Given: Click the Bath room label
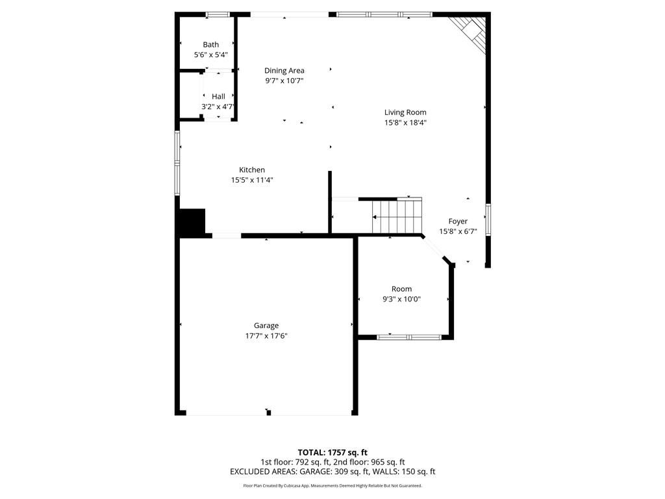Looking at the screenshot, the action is tap(211, 45).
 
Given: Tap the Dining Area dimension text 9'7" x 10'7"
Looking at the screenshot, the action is tap(284, 81).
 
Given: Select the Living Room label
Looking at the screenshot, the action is tap(405, 112).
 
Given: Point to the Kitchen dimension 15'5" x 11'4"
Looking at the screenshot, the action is tap(252, 180).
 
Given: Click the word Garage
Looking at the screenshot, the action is tap(266, 326).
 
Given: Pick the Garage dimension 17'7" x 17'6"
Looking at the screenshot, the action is tap(266, 336).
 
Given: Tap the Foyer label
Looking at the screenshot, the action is tap(458, 222).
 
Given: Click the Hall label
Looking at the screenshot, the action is tap(218, 96).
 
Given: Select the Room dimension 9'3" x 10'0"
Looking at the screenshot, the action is tap(401, 299).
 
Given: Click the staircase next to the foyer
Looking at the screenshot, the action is tap(397, 216).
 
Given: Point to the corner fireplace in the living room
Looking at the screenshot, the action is tap(470, 32).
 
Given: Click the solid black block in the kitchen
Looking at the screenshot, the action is tap(192, 222).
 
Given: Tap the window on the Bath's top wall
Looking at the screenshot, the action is tap(218, 15).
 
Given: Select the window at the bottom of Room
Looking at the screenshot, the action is tap(409, 337).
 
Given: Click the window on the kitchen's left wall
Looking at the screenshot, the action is tap(177, 163).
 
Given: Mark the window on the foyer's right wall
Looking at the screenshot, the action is tap(488, 220).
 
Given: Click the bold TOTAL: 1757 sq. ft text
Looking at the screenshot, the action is tap(332, 452).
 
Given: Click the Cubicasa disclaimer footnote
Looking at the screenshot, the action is tap(332, 485).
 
